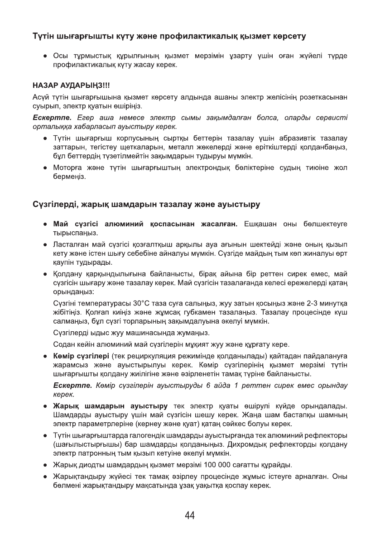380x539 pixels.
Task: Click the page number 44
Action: coord(190,515)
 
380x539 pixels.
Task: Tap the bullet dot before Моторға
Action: coord(46,168)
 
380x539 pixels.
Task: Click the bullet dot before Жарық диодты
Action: coord(46,465)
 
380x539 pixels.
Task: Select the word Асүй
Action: coord(40,97)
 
